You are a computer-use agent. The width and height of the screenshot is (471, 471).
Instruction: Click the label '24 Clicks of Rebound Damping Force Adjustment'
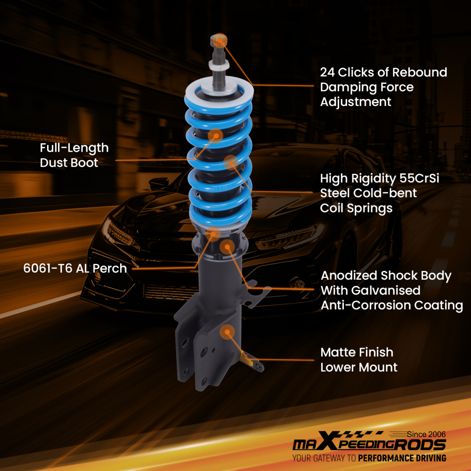click(383, 87)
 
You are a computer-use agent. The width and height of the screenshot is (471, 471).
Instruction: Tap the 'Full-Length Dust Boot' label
click(74, 155)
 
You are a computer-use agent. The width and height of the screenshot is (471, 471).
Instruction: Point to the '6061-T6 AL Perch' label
click(75, 268)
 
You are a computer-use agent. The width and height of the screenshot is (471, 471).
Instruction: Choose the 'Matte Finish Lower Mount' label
click(359, 360)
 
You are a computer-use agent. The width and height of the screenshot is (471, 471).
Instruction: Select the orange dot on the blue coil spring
click(230, 163)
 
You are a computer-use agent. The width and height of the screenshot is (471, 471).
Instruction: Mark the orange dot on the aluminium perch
click(213, 233)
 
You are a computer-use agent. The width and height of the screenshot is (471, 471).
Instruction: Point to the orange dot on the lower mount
click(227, 332)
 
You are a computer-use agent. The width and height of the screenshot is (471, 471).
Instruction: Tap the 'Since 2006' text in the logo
click(427, 434)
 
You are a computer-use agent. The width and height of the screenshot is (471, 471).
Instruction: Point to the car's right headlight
click(287, 238)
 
